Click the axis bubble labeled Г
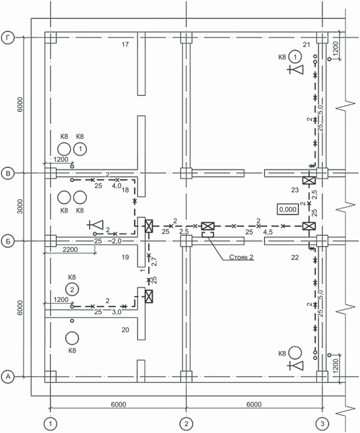tap(8, 38)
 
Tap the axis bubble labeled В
tap(8, 174)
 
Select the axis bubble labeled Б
tap(8, 241)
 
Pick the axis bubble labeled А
tap(8, 376)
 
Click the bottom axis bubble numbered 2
tap(187, 424)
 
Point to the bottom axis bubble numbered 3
tap(323, 424)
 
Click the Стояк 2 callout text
tap(241, 257)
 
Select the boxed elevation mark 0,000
tap(288, 209)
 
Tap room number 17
tap(125, 44)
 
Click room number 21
tap(306, 44)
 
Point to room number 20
tap(125, 330)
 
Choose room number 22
tap(295, 257)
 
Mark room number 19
tap(125, 257)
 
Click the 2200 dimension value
tap(70, 250)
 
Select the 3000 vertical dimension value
tap(20, 206)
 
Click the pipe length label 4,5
tap(268, 232)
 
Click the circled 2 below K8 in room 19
tap(72, 289)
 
